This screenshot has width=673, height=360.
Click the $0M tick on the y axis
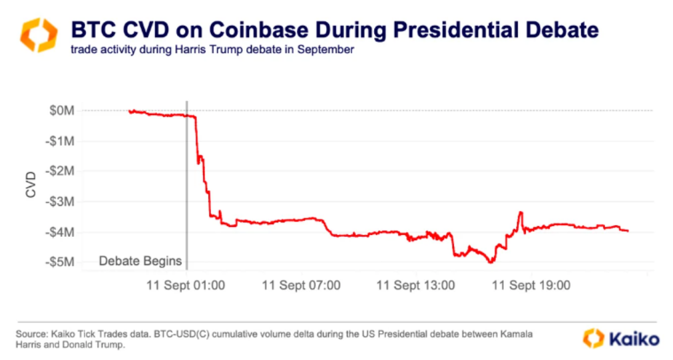point(62,110)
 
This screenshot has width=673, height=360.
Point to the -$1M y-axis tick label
point(61,141)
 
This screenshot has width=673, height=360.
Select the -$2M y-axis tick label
point(61,171)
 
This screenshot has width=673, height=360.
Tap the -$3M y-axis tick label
point(61,202)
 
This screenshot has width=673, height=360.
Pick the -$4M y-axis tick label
point(61,232)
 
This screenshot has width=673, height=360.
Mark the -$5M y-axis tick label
point(61,262)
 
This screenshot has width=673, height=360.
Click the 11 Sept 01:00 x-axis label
point(186,285)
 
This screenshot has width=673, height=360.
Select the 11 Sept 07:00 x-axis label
point(301,285)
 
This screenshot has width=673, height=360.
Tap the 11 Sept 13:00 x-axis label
point(416,285)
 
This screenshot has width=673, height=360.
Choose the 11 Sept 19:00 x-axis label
point(531,285)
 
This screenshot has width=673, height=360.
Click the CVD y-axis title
point(31,186)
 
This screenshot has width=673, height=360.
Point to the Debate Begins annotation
point(140,262)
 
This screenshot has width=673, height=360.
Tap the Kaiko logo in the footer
point(621,338)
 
